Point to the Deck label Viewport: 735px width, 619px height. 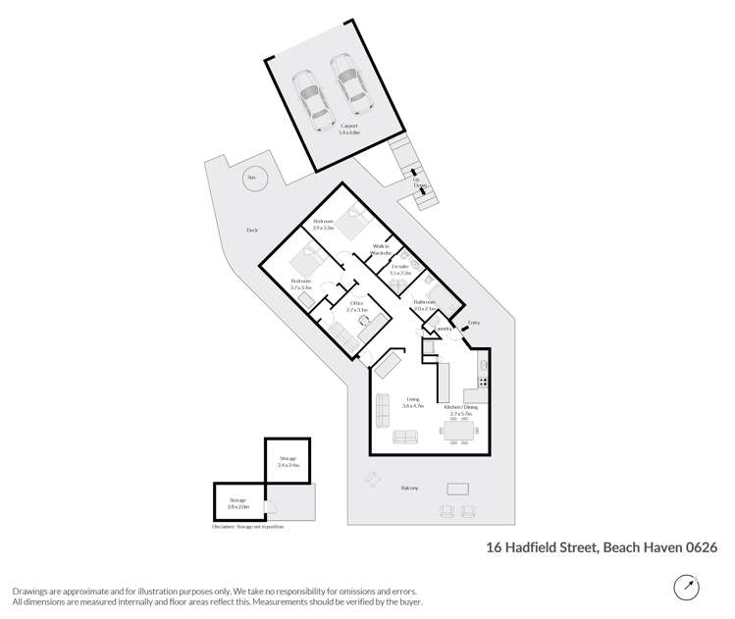click(252, 231)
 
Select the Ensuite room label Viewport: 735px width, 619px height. click(399, 270)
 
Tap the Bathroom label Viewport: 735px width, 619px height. click(425, 304)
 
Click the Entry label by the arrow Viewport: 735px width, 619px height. click(474, 323)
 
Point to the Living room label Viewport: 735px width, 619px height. click(413, 401)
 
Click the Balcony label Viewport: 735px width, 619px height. click(410, 488)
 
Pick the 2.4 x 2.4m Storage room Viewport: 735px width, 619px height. click(289, 461)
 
